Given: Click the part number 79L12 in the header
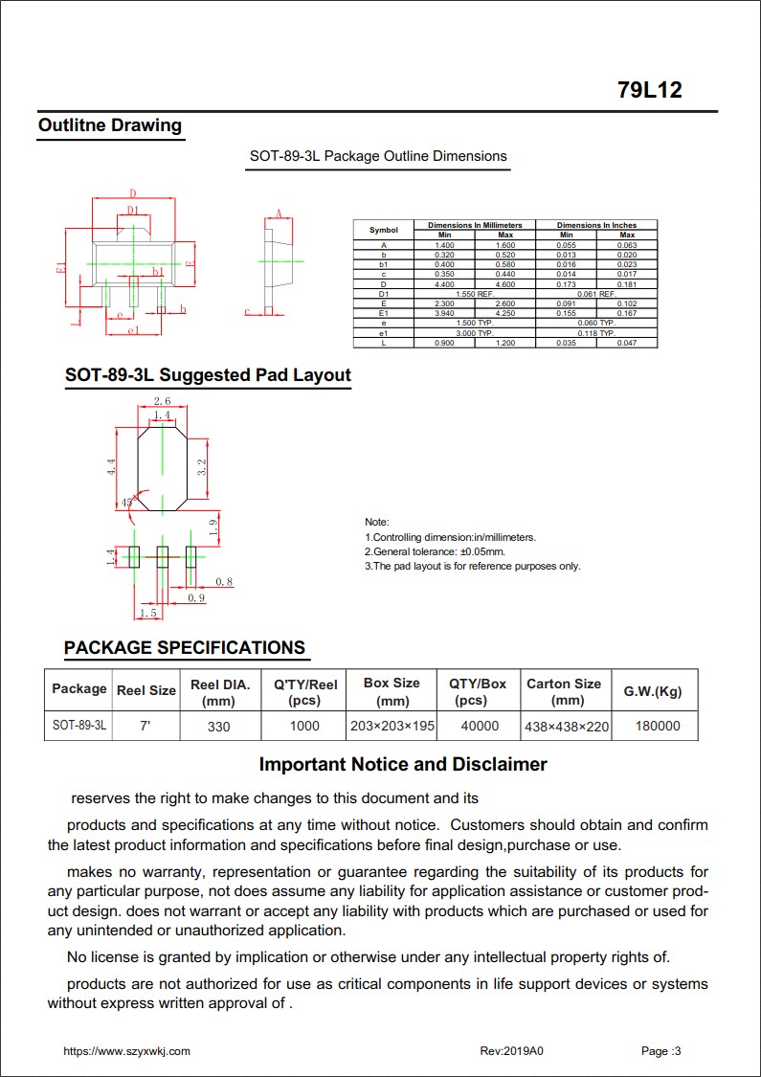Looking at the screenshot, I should tap(649, 91).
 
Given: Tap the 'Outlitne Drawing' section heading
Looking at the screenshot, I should tap(109, 125).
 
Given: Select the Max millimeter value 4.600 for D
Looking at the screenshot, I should tap(505, 284).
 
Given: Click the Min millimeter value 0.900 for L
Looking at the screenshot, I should tap(444, 343).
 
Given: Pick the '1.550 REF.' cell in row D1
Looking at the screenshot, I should tap(475, 294).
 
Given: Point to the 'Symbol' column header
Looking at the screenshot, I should tap(383, 230).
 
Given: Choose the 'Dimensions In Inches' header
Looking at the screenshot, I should tap(596, 225).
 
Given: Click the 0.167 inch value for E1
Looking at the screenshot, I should tap(627, 313).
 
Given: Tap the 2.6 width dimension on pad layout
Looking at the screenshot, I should tap(162, 402).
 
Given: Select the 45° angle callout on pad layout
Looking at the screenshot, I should tap(127, 502).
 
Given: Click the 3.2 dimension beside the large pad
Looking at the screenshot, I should tap(201, 467).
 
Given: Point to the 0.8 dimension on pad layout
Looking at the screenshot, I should tap(224, 582).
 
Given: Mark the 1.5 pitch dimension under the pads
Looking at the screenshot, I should tap(147, 613).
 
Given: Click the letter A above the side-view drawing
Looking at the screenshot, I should tap(279, 213).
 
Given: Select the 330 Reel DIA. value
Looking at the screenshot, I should tap(219, 726).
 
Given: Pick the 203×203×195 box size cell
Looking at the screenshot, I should tap(392, 726).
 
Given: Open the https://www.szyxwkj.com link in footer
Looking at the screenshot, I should tap(126, 1051).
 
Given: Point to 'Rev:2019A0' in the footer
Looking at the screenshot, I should tap(511, 1051).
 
